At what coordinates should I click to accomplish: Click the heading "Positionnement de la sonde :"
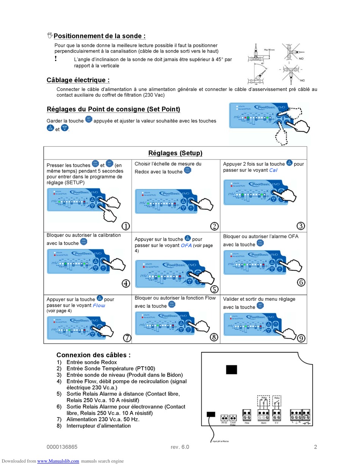[99, 36]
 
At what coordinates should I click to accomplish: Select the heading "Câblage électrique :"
[78, 80]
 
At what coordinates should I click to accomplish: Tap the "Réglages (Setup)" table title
[175, 153]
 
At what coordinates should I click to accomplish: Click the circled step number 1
[125, 226]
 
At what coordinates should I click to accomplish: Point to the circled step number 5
[214, 289]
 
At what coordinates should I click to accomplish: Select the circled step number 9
[301, 338]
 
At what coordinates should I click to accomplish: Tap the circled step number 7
[127, 338]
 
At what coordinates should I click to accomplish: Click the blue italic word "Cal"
[273, 170]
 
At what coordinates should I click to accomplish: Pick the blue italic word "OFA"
[186, 245]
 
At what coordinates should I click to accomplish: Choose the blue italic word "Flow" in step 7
[99, 305]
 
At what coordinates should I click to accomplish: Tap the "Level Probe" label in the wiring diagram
[233, 423]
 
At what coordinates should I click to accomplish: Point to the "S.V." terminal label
[277, 422]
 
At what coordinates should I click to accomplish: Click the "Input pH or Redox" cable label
[220, 441]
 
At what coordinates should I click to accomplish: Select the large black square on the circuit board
[232, 369]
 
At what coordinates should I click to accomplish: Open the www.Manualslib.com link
[58, 461]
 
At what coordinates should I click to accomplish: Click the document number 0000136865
[62, 447]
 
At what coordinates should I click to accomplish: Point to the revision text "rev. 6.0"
[180, 447]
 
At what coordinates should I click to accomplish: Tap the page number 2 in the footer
[315, 447]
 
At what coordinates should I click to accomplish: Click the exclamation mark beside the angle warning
[56, 58]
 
